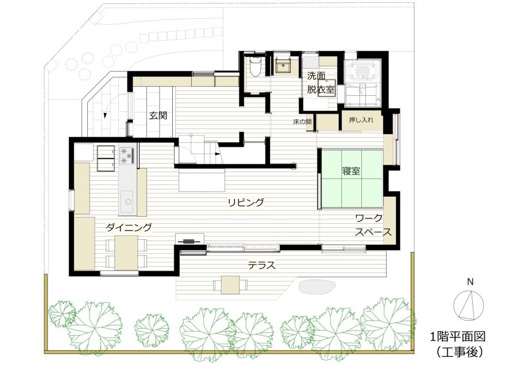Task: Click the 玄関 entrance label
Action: pyautogui.click(x=158, y=115)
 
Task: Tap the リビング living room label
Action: pyautogui.click(x=246, y=202)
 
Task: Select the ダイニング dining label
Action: pyautogui.click(x=129, y=227)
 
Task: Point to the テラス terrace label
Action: pyautogui.click(x=261, y=265)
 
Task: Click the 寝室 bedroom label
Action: pyautogui.click(x=351, y=171)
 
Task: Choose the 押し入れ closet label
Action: pyautogui.click(x=361, y=119)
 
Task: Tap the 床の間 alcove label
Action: pyautogui.click(x=302, y=122)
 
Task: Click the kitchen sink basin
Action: pyautogui.click(x=126, y=201)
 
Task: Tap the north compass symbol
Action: pyautogui.click(x=469, y=305)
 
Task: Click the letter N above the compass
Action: pyautogui.click(x=470, y=282)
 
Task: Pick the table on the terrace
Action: pyautogui.click(x=230, y=285)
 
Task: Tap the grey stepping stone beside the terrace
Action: pyautogui.click(x=317, y=286)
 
